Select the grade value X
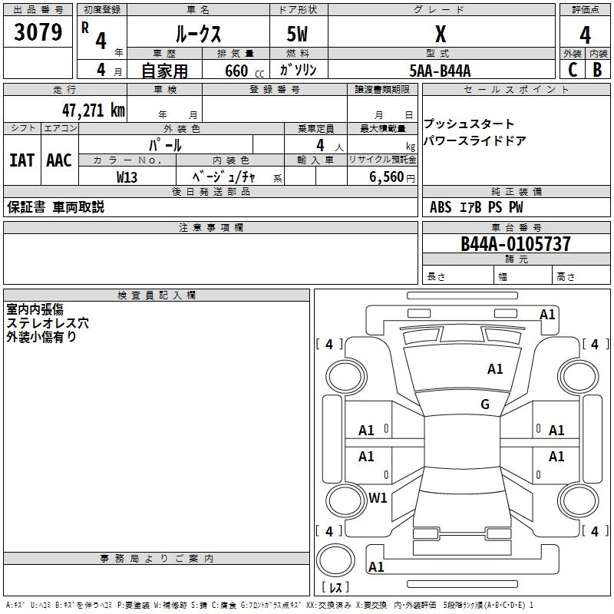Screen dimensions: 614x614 440,34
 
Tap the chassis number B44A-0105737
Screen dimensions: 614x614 516,244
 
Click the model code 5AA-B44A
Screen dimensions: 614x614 440,71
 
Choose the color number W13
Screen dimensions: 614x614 127,177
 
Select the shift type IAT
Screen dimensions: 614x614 21,160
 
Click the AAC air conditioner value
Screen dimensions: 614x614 58,160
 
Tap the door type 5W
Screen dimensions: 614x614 298,34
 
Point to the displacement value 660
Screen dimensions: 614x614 236,71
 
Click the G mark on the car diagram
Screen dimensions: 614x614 485,404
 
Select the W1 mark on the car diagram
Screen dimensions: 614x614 378,497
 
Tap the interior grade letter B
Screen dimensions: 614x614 597,70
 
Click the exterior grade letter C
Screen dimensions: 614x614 572,70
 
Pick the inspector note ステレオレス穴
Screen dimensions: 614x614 48,323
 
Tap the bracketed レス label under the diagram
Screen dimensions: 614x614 335,587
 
